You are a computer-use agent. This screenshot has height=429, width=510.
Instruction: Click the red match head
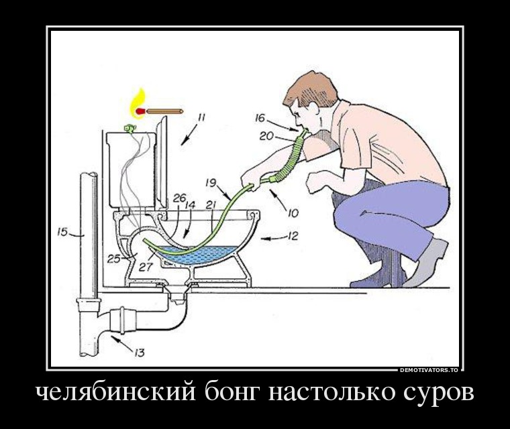[x=140, y=111]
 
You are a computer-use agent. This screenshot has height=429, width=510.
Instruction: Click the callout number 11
[x=202, y=117]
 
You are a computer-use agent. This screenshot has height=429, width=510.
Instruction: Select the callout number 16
[x=260, y=118]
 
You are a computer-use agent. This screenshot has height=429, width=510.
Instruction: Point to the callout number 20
[x=266, y=136]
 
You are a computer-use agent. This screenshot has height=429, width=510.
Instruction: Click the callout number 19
[x=211, y=183]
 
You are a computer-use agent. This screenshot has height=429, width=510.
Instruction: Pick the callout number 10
[x=293, y=213]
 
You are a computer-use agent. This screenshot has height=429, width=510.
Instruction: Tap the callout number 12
[x=293, y=236]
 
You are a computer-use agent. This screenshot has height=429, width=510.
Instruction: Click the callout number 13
[x=139, y=353]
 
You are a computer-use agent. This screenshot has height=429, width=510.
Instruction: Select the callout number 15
[x=62, y=233]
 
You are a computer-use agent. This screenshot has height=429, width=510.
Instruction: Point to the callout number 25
[x=114, y=259]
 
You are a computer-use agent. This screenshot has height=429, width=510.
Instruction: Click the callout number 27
[x=146, y=267]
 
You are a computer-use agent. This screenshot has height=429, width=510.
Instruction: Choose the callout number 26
[x=179, y=198]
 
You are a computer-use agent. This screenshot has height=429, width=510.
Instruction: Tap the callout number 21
[x=211, y=204]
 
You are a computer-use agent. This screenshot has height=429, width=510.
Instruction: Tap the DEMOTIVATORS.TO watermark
[x=429, y=370]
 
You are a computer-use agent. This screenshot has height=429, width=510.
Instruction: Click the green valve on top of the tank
[x=130, y=129]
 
